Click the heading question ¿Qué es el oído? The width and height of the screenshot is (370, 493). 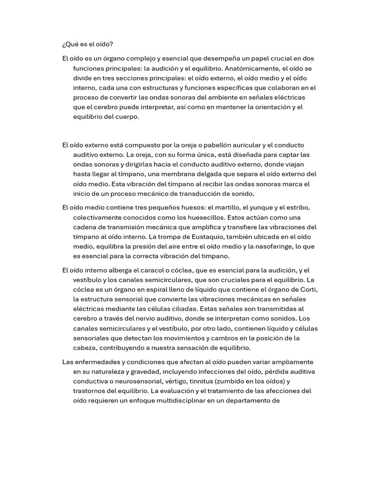[88, 45]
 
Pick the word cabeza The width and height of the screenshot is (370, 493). [85, 348]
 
